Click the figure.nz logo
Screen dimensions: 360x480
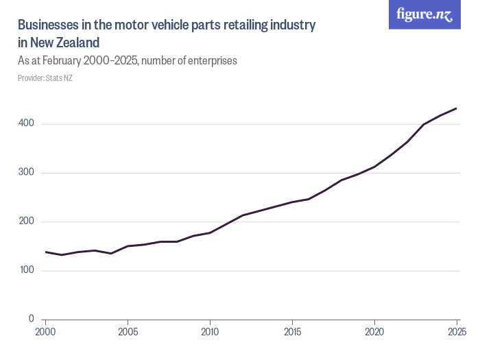coord(424,15)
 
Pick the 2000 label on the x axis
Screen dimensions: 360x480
coord(45,332)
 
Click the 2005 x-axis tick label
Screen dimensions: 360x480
coord(128,332)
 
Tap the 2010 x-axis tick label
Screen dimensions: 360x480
coord(210,332)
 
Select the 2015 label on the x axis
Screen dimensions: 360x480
coord(292,332)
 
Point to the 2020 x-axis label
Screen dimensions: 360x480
coord(374,332)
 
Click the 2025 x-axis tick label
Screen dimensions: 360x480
coord(455,332)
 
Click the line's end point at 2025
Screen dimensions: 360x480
coord(456,108)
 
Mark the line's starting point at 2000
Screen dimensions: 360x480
coord(46,252)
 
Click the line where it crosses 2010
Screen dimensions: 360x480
coord(210,232)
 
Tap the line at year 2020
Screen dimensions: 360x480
coord(374,167)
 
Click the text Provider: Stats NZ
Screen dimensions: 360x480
coord(45,77)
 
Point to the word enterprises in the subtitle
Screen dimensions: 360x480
coord(211,60)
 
